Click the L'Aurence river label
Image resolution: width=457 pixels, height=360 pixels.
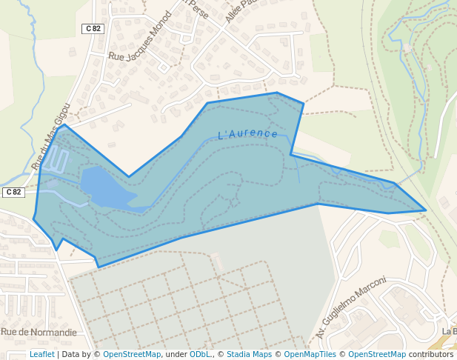click(x=248, y=134)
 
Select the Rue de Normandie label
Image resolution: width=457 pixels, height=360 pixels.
click(x=39, y=332)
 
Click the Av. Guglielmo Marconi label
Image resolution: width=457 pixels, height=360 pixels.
click(x=351, y=307)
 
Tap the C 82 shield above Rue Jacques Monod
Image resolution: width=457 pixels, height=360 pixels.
click(x=93, y=28)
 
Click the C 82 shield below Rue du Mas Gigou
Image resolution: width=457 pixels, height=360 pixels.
click(x=13, y=193)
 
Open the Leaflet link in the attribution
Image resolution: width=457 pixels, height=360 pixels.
click(x=42, y=354)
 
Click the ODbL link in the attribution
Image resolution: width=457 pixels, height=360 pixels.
click(x=200, y=354)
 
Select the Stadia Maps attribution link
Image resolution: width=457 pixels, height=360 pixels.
click(x=249, y=354)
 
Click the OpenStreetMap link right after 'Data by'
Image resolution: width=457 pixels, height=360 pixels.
click(x=131, y=354)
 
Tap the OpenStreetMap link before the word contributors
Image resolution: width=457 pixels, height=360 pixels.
click(x=377, y=354)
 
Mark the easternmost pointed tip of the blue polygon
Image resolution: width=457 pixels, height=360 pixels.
click(x=426, y=210)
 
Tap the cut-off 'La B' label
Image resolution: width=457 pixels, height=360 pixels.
click(x=449, y=331)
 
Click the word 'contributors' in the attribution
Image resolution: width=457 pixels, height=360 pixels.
click(x=431, y=354)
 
